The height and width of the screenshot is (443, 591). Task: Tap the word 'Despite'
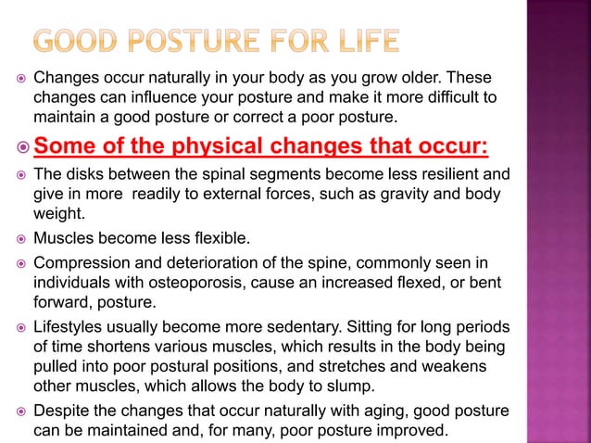(58, 411)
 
